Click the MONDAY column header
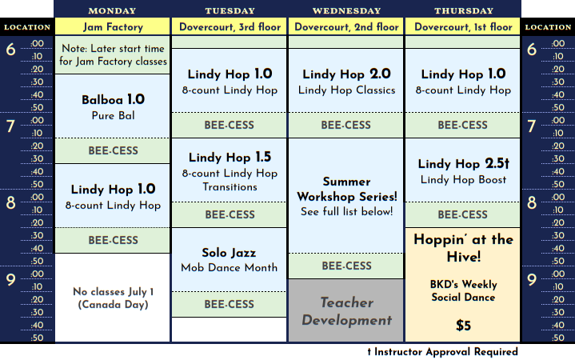[112, 10]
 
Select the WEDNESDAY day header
[346, 10]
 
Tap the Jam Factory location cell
[113, 26]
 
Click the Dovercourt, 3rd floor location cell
[230, 26]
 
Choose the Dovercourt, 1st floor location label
[463, 26]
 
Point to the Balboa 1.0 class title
[113, 99]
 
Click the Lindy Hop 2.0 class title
[346, 74]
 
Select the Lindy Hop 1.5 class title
[230, 158]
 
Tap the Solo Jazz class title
[229, 253]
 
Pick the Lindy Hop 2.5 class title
[464, 164]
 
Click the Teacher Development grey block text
[346, 311]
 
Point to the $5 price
[463, 326]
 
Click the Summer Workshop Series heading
[347, 189]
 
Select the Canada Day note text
[113, 298]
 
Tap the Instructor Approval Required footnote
[442, 352]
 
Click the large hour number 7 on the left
[10, 126]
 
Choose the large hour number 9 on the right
[532, 280]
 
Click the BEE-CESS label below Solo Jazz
[230, 304]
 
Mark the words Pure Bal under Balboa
[113, 115]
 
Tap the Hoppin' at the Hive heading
[464, 248]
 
